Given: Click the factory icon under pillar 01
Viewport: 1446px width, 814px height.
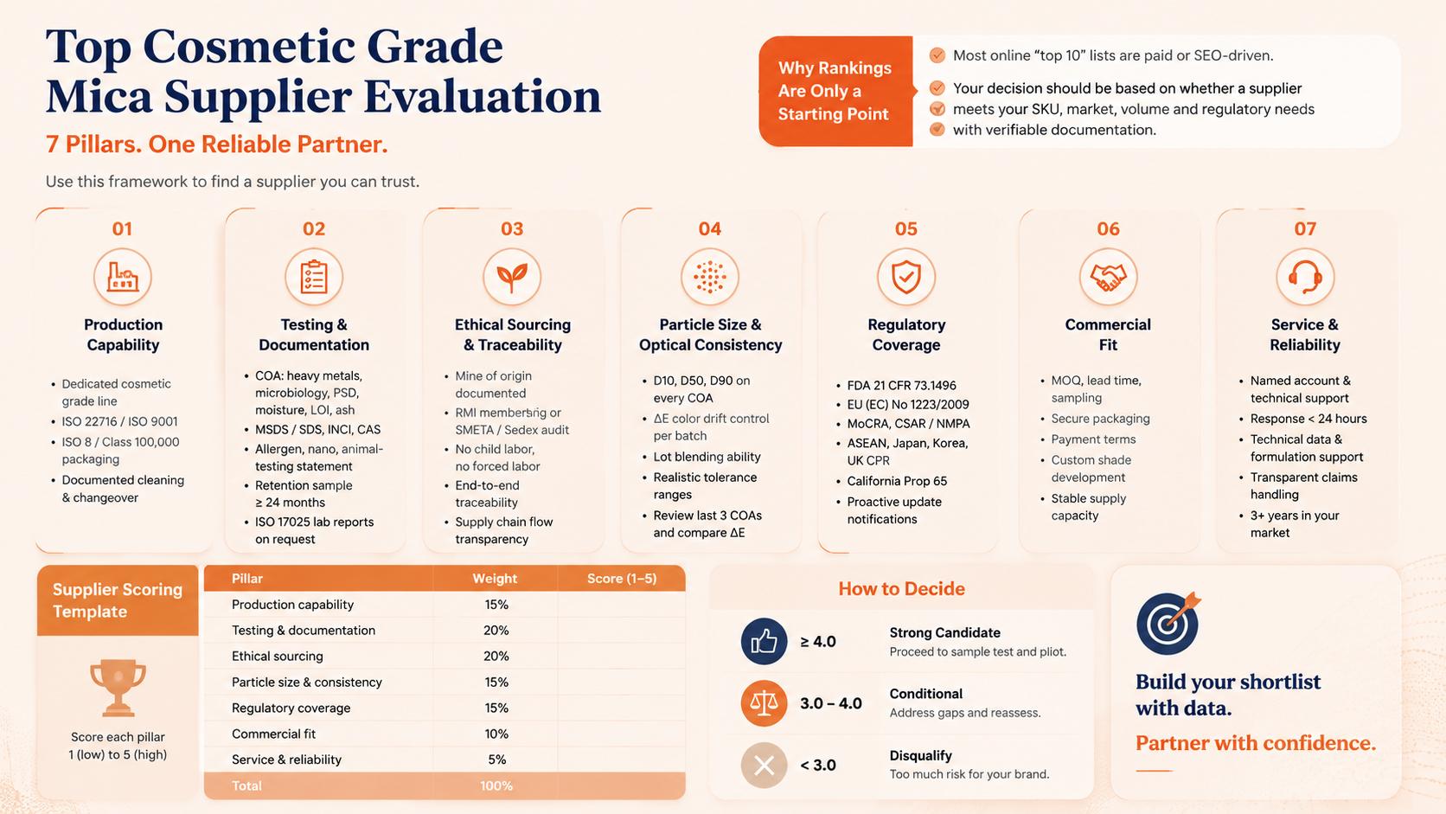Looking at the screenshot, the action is tap(123, 277).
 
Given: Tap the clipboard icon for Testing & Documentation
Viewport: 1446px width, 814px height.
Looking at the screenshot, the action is tap(314, 277).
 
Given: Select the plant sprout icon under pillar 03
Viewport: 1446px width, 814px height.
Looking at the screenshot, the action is tap(512, 277).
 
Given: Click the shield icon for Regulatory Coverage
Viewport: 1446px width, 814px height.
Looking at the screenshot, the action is tap(906, 277).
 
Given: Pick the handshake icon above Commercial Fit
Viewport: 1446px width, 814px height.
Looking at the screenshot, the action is tap(1108, 277).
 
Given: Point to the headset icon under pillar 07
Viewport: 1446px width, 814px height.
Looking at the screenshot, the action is tap(1305, 277).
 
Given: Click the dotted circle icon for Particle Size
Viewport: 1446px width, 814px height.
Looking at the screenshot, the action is tap(709, 277).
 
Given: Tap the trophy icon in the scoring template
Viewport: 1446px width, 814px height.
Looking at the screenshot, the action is tap(118, 688).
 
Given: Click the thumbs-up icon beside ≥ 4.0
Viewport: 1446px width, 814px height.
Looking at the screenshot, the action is tap(765, 642).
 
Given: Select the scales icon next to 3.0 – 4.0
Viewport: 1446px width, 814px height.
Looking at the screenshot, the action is tap(765, 703).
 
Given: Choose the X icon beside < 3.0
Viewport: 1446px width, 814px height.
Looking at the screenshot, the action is tap(765, 766).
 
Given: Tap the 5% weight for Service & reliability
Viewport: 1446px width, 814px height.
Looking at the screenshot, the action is tap(497, 760).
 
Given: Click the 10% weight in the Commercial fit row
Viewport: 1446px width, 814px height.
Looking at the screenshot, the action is tap(496, 734).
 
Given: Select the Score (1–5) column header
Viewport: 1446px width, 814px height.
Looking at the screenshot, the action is tap(622, 579).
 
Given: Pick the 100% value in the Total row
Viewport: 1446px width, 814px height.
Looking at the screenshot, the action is tap(496, 785).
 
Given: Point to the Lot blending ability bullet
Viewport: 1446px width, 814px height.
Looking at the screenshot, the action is tap(707, 457).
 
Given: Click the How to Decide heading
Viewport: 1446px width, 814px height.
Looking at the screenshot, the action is tap(902, 589).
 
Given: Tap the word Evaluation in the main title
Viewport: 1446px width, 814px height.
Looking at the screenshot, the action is tap(483, 96).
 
